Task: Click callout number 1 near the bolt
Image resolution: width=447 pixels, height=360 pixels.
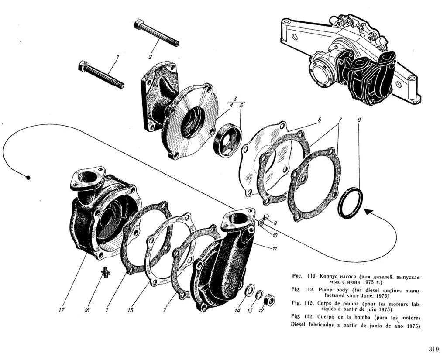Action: click(117, 57)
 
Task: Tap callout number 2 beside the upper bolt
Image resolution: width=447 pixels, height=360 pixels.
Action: click(150, 57)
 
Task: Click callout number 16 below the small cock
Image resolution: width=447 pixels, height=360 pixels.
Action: click(87, 310)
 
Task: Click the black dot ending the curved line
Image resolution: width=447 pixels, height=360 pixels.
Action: click(28, 178)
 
